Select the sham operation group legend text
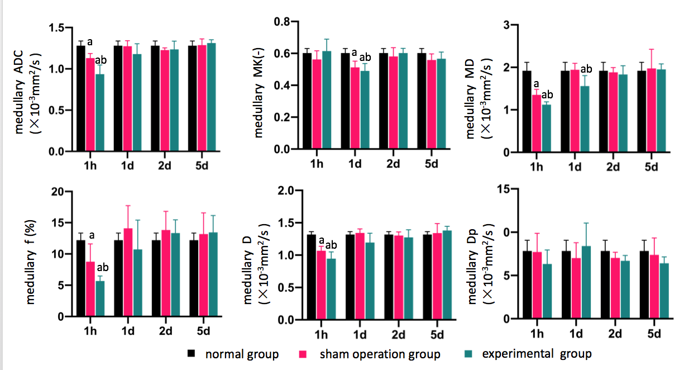pos(380,354)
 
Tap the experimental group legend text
pos(537,354)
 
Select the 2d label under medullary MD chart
pos(614,167)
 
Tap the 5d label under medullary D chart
pos(437,335)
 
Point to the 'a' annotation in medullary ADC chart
pos(90,41)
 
